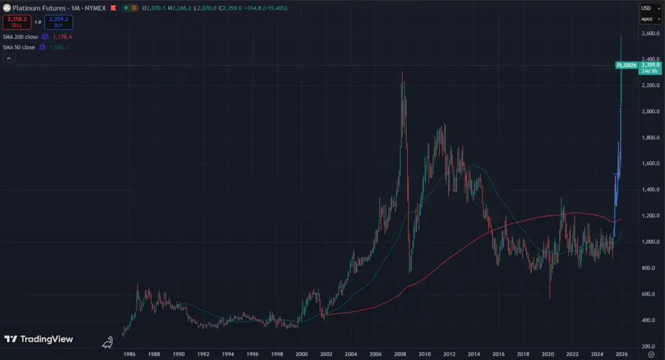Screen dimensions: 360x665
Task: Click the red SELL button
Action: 16,22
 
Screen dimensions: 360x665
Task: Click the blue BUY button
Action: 58,22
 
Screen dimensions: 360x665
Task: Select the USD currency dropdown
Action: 646,8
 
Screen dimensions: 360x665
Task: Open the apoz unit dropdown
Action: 646,19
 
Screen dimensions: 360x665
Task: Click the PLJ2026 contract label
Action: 627,65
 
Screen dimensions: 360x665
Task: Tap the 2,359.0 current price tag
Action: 650,65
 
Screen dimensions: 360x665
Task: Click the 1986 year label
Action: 129,354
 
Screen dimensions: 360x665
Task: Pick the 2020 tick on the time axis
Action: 547,354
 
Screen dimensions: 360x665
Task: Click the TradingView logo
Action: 39,339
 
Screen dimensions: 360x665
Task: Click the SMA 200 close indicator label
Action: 21,37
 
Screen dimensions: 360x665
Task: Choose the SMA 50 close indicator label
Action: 19,47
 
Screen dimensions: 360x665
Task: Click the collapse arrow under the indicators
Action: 9,58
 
